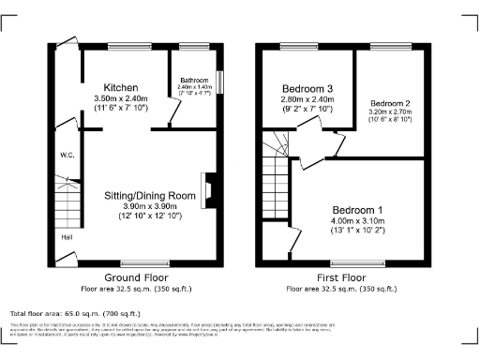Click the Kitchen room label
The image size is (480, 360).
tap(122, 86)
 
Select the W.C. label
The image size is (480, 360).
tap(67, 155)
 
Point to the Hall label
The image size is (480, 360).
tap(67, 237)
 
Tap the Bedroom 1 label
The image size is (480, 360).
tap(360, 209)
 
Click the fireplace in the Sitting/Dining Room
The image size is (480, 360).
tap(212, 187)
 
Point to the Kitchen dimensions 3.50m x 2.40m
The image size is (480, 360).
tap(122, 98)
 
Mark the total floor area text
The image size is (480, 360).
tap(75, 313)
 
